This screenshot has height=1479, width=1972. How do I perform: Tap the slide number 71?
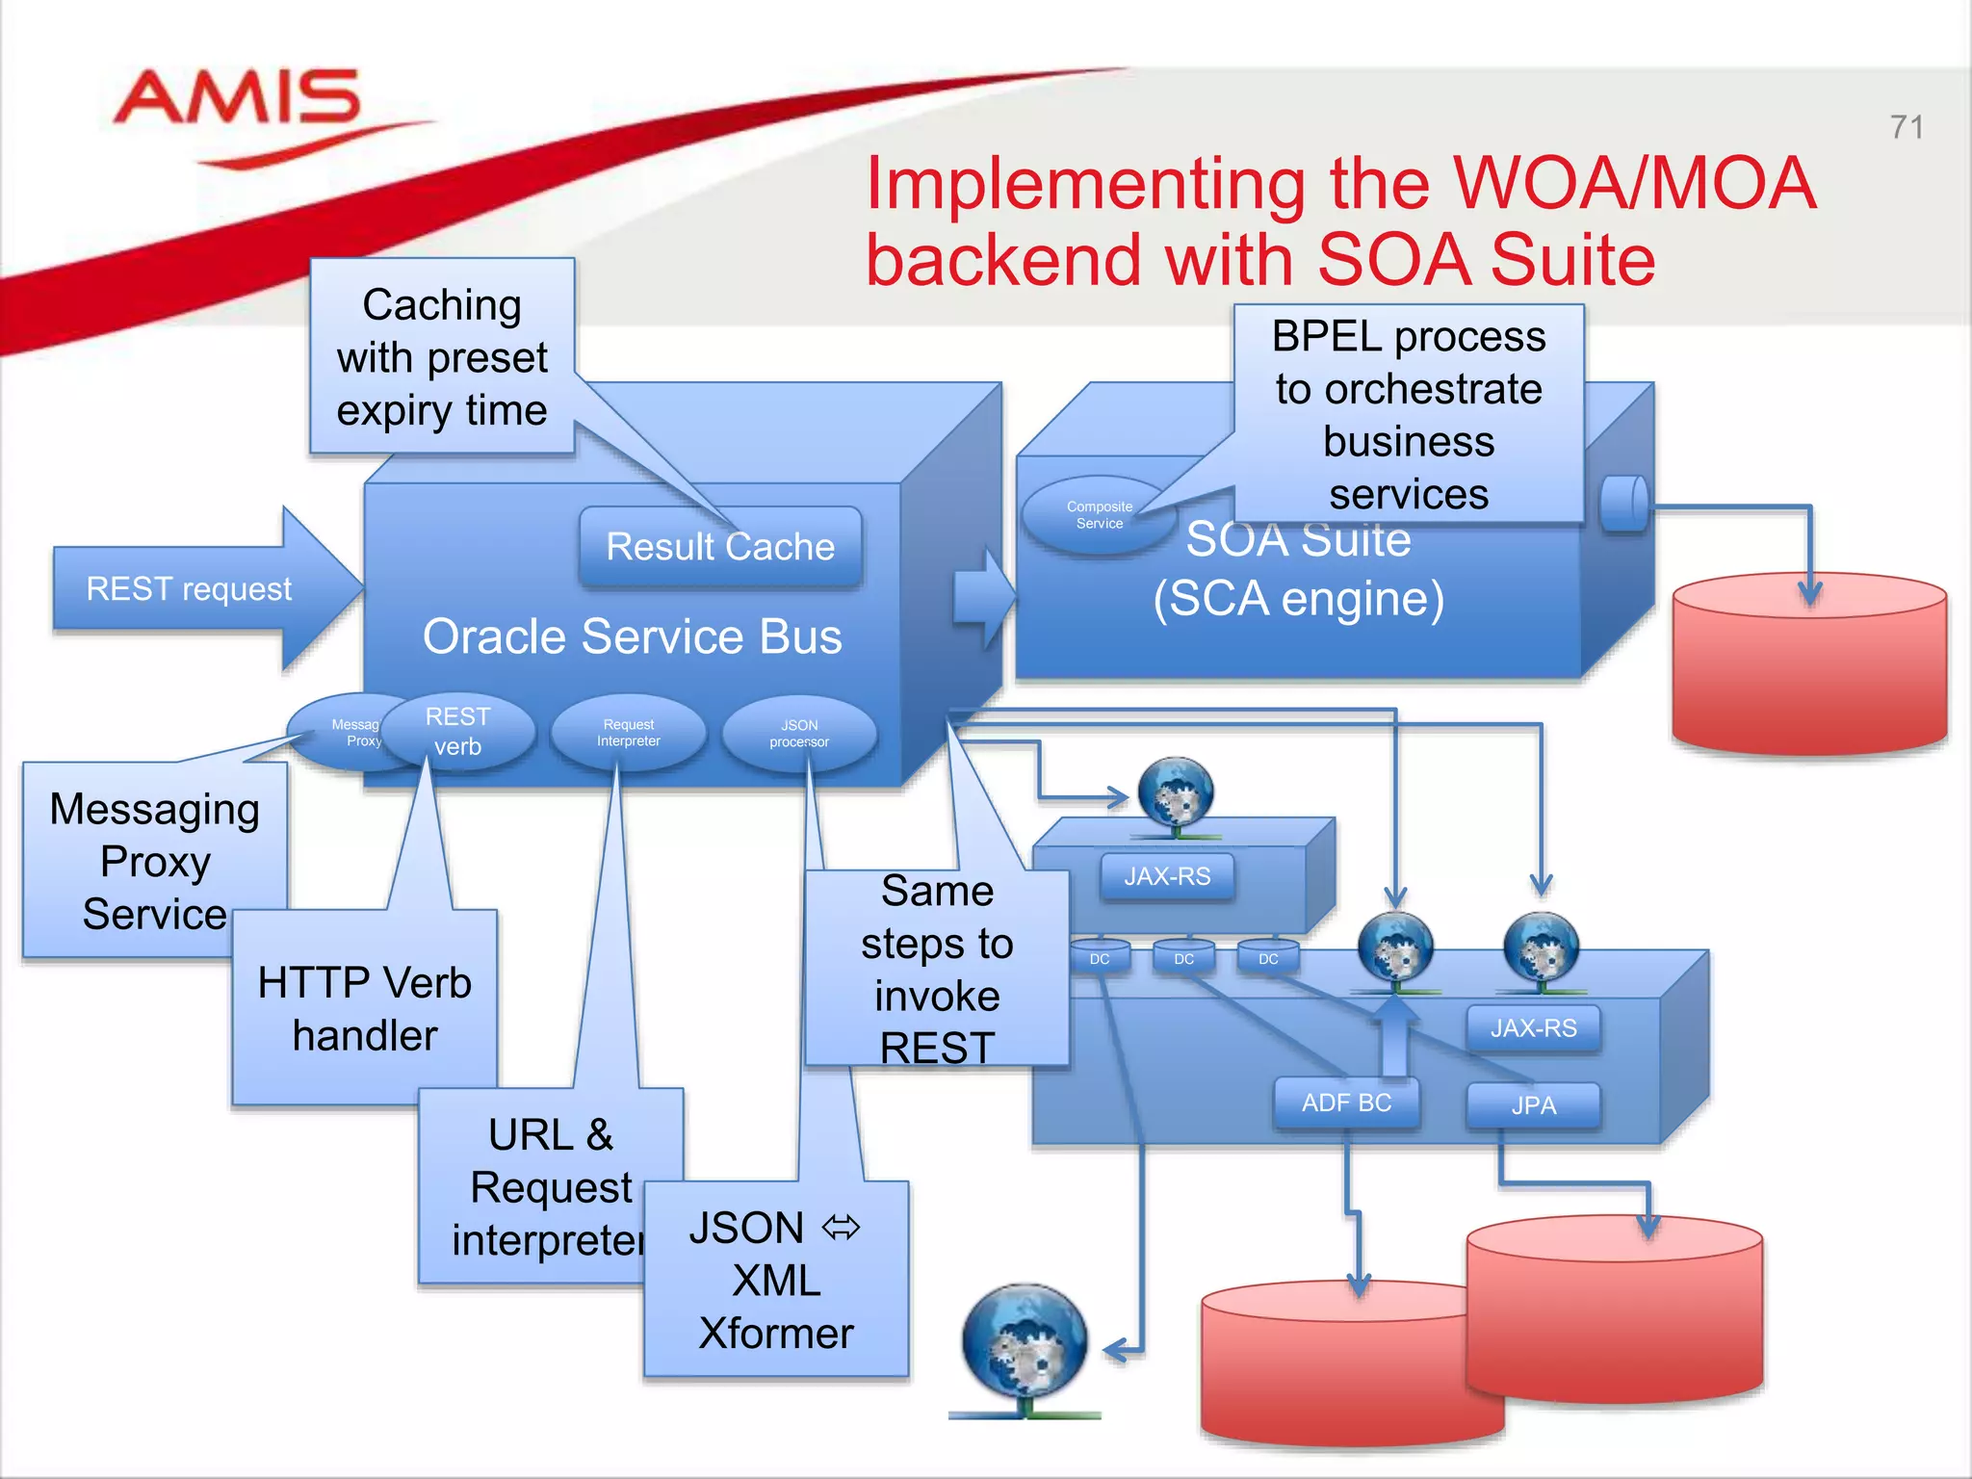point(1906,127)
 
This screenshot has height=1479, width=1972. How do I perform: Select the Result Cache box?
point(720,546)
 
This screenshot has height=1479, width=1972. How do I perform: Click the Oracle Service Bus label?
point(632,636)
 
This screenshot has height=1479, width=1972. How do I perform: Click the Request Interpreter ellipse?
point(628,733)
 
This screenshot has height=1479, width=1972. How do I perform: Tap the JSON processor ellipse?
point(799,734)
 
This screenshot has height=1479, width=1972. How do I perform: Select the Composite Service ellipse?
point(1098,515)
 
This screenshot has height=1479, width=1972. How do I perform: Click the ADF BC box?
point(1346,1103)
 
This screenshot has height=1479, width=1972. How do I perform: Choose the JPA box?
point(1533,1105)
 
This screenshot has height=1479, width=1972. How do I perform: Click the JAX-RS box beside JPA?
point(1533,1028)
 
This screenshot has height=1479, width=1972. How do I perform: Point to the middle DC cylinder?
point(1183,958)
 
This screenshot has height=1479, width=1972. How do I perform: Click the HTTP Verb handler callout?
point(364,1008)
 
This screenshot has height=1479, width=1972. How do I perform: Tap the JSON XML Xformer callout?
point(775,1280)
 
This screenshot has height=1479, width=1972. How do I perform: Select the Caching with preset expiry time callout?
point(442,357)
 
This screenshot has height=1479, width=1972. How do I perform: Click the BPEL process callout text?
point(1408,415)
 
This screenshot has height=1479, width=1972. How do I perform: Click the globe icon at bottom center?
point(1025,1343)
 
